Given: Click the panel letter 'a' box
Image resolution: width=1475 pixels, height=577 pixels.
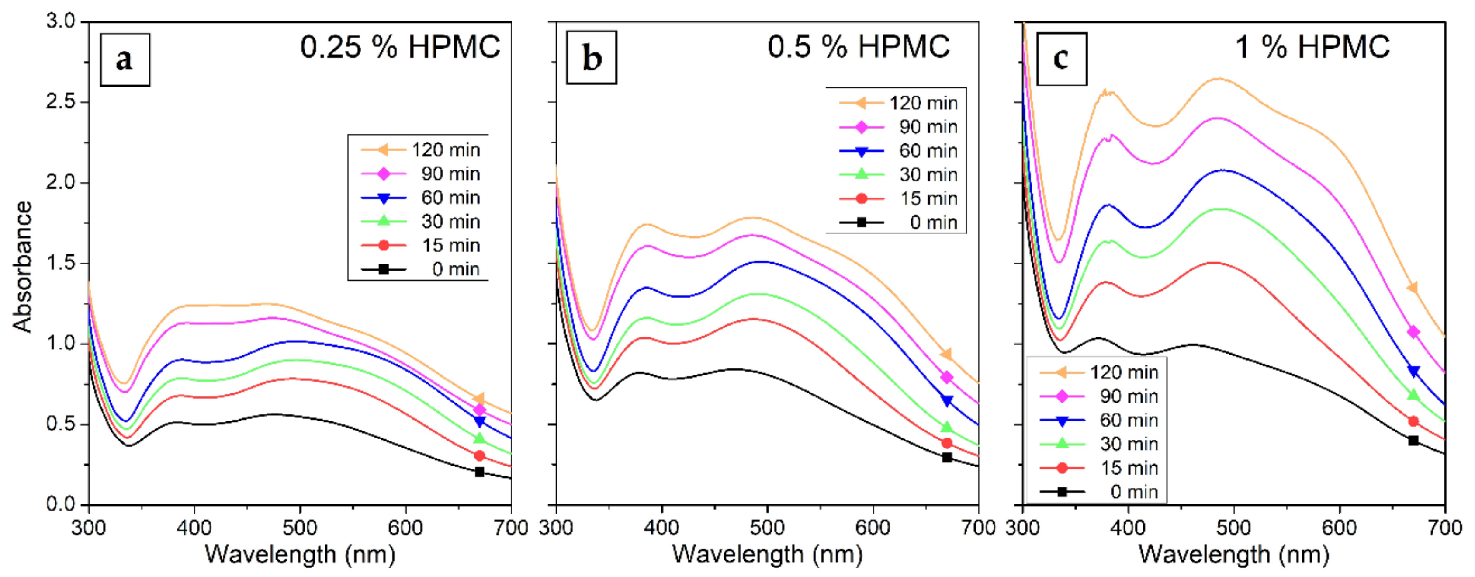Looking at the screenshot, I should pyautogui.click(x=125, y=59).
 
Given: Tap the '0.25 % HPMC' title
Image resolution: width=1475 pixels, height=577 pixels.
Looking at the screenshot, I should pyautogui.click(x=400, y=47).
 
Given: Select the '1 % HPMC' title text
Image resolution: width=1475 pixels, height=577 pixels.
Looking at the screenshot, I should pyautogui.click(x=1312, y=47).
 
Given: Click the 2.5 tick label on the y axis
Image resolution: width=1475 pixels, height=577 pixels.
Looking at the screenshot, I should pyautogui.click(x=60, y=102).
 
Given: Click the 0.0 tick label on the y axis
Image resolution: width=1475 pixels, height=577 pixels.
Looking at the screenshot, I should pyautogui.click(x=60, y=504).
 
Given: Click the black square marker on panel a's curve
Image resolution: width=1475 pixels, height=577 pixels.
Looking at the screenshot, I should pyautogui.click(x=479, y=472).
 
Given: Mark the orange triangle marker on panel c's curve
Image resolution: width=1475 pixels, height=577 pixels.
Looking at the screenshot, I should pyautogui.click(x=1413, y=287).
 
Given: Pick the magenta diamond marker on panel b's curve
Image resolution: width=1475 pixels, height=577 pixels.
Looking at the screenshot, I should pyautogui.click(x=946, y=377).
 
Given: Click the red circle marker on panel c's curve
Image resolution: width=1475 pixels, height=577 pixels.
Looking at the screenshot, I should pyautogui.click(x=1413, y=421).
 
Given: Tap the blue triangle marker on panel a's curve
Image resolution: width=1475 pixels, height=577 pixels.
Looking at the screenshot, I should pyautogui.click(x=479, y=422).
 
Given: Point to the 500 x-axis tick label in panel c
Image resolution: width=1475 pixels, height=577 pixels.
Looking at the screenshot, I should pyautogui.click(x=1233, y=527).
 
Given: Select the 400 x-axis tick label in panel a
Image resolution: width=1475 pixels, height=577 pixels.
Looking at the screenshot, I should pyautogui.click(x=194, y=527).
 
